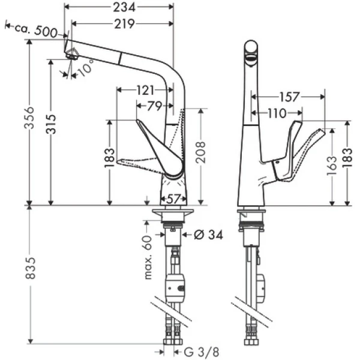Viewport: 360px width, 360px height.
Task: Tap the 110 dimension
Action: click(277, 112)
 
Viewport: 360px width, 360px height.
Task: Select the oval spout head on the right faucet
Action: click(251, 53)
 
